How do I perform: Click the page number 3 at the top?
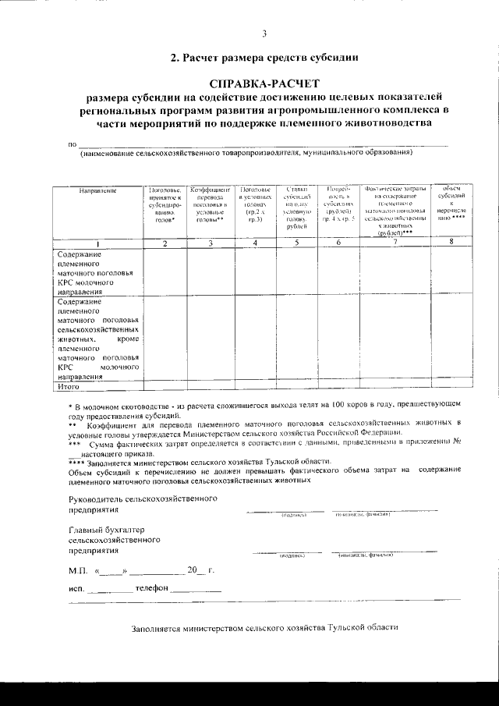(x=264, y=33)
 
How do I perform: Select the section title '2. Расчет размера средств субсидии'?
(x=264, y=57)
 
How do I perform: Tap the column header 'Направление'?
(x=97, y=190)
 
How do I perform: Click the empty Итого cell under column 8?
(x=451, y=385)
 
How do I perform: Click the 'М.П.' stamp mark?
(x=78, y=570)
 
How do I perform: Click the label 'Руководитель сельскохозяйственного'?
(x=143, y=498)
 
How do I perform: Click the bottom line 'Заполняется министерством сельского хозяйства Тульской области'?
(x=264, y=626)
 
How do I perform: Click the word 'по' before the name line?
(x=73, y=144)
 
